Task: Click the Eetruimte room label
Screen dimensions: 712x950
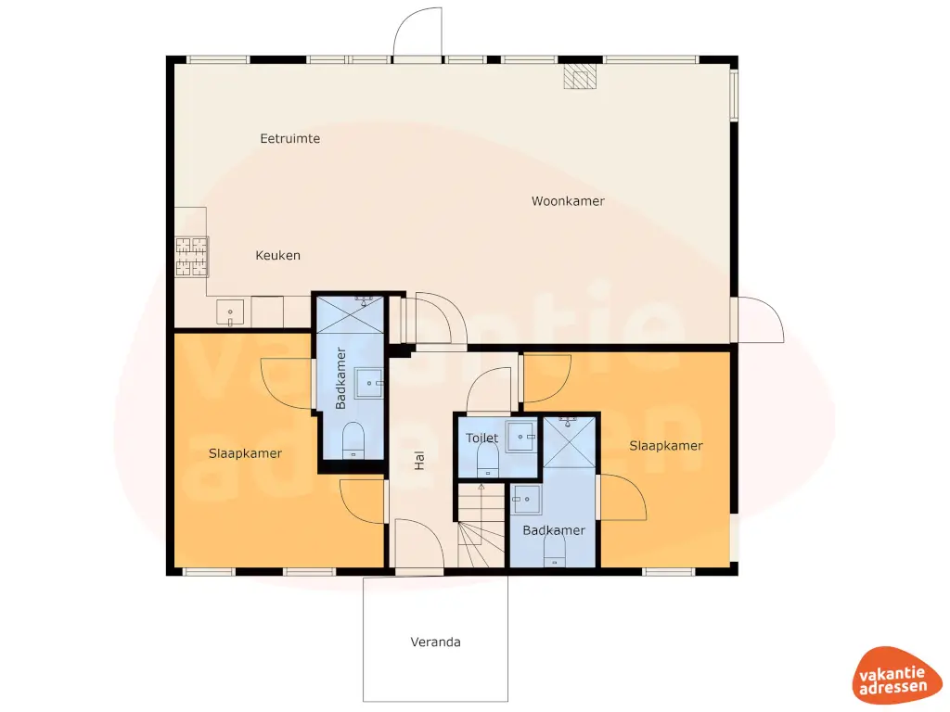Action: (x=289, y=139)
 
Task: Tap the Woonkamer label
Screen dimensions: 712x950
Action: (x=568, y=201)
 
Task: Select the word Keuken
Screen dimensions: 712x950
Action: (x=277, y=255)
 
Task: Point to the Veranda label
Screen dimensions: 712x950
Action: (x=435, y=642)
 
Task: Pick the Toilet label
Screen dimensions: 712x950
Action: (x=481, y=438)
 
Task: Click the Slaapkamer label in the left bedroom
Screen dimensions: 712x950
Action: (x=245, y=453)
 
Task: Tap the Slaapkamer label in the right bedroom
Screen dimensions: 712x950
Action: (x=665, y=446)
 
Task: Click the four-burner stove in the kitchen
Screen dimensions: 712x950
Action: (x=191, y=257)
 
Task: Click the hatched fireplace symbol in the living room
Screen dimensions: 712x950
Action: (x=580, y=77)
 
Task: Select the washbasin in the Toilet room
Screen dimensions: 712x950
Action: (x=525, y=435)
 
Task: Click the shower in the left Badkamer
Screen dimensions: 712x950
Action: (x=349, y=314)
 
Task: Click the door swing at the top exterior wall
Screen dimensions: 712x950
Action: (x=417, y=35)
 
